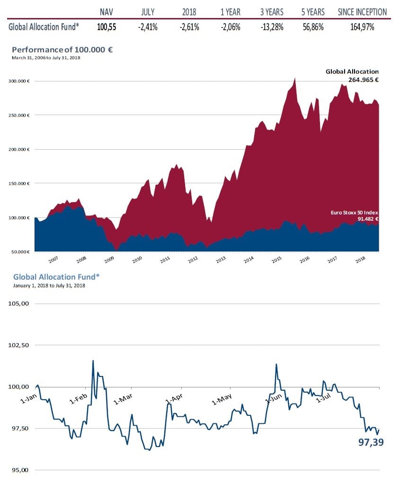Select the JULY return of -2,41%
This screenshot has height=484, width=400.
pos(148,27)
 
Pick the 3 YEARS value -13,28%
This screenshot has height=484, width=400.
pos(271,27)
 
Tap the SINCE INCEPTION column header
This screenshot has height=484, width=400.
pos(362,12)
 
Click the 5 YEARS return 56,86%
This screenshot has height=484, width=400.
pos(312,27)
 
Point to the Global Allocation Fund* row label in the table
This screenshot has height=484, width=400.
pos(43,27)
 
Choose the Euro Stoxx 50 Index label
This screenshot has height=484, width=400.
pos(355,213)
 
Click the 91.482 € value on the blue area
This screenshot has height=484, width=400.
pos(368,219)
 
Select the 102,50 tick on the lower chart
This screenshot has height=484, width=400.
pos(19,345)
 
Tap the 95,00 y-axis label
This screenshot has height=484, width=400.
pos(19,470)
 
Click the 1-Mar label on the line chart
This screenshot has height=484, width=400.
pos(123,399)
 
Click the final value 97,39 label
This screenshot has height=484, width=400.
pos(371,443)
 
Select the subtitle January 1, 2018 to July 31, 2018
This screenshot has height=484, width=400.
pos(49,286)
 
